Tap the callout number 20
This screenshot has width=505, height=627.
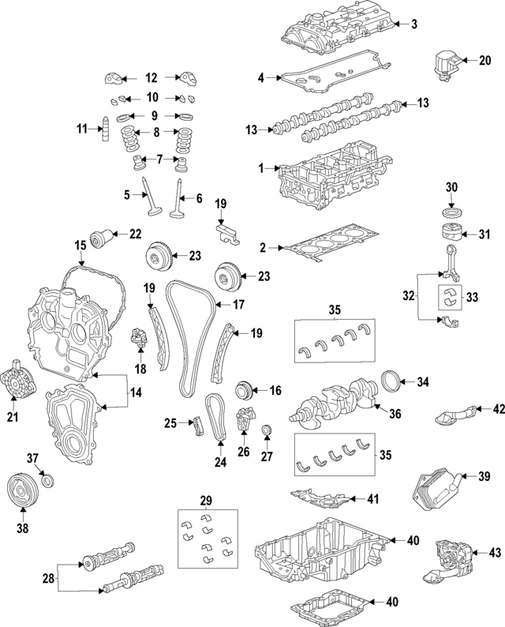pyautogui.click(x=484, y=60)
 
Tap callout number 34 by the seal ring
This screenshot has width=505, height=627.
pyautogui.click(x=423, y=382)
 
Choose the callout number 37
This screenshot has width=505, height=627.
pyautogui.click(x=32, y=460)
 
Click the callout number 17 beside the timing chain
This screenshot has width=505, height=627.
pyautogui.click(x=238, y=304)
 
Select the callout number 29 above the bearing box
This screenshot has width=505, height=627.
pyautogui.click(x=206, y=501)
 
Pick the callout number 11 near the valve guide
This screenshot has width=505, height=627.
pyautogui.click(x=81, y=129)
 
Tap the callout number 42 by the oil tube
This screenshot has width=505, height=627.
pyautogui.click(x=498, y=408)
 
